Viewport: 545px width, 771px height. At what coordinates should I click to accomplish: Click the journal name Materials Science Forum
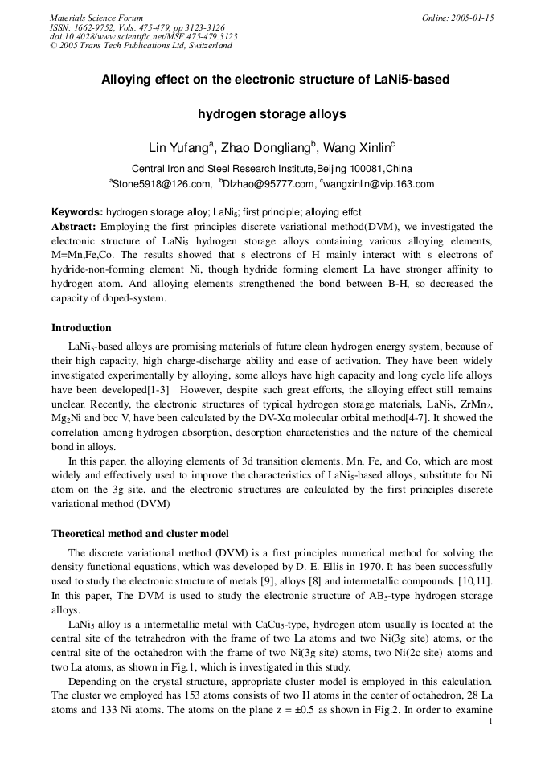96,18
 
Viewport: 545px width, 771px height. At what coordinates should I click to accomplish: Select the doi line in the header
143,36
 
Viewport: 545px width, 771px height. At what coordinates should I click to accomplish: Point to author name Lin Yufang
178,148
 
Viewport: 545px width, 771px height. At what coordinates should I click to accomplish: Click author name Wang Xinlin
357,148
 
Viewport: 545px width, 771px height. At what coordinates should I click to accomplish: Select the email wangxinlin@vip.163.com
379,184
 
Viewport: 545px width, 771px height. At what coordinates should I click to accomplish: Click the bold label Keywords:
77,213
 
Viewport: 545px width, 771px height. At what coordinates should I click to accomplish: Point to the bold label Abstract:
74,227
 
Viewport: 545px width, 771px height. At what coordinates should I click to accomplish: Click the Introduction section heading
81,328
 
